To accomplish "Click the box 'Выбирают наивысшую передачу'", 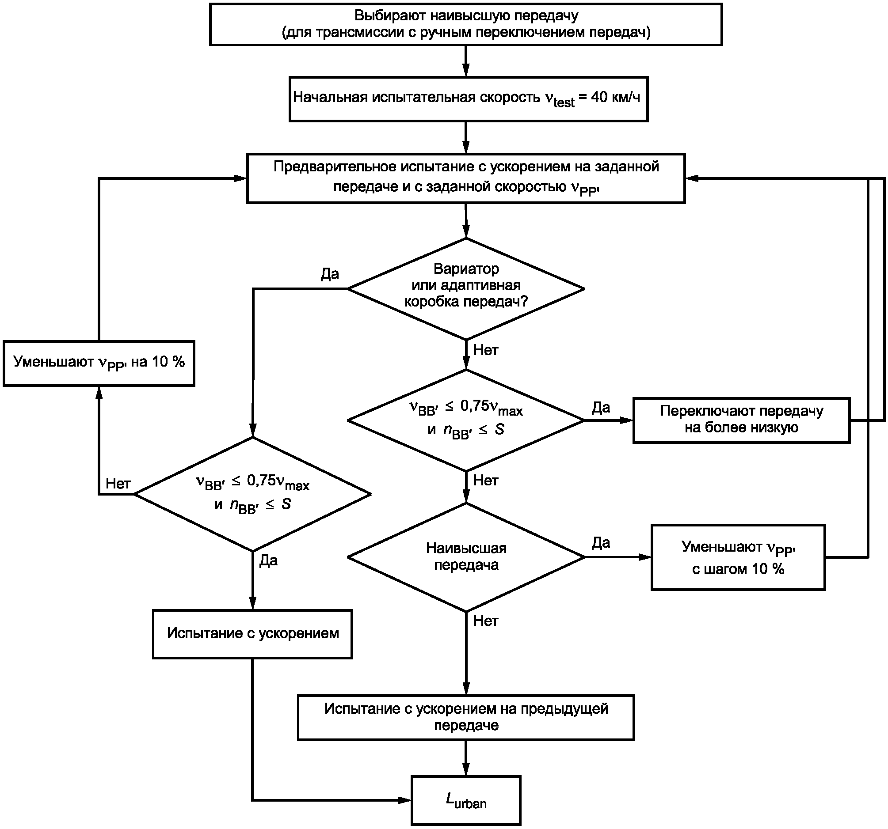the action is (x=466, y=24).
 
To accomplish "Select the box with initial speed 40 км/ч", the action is (x=468, y=98).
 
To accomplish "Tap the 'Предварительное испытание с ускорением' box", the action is (x=466, y=178).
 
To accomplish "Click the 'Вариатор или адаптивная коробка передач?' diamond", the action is (x=466, y=288).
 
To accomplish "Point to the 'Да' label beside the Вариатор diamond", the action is (x=330, y=274).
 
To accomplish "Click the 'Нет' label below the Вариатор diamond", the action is (x=485, y=350).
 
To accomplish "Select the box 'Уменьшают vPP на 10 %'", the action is (x=99, y=363).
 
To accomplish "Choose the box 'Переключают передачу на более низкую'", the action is (x=742, y=420).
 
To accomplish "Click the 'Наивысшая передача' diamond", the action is (x=466, y=556).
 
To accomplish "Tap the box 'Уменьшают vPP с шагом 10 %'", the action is (x=738, y=557).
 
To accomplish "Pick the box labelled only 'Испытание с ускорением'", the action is (x=252, y=634).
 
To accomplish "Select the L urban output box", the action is (x=466, y=800).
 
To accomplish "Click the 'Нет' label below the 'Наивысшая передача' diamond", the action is (x=485, y=621).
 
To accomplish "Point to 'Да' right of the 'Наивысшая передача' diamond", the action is (x=601, y=543).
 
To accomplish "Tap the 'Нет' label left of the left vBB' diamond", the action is (x=118, y=484).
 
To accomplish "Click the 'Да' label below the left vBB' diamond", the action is (x=268, y=561).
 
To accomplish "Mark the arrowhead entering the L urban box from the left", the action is (x=405, y=800).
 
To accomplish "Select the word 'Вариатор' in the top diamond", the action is (x=466, y=269).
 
